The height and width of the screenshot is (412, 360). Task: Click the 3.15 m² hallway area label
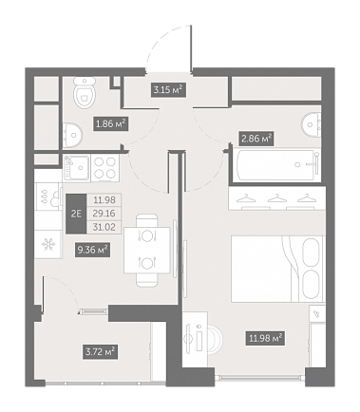click(168, 90)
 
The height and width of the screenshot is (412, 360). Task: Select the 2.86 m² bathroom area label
click(256, 139)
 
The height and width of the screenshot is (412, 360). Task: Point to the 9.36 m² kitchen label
click(92, 250)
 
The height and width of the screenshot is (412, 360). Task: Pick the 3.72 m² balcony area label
click(101, 351)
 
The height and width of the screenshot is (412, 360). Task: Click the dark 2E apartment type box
click(76, 214)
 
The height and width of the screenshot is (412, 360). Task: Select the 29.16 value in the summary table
click(104, 214)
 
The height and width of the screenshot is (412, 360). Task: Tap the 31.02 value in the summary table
click(104, 227)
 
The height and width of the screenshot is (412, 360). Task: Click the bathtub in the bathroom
click(275, 165)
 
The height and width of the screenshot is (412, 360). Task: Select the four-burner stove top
click(105, 168)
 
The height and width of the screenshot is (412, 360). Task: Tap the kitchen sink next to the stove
click(77, 168)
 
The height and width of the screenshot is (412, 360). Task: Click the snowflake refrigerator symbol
click(48, 244)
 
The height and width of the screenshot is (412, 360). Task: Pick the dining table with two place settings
click(147, 250)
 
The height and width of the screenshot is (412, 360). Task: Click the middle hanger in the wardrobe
click(276, 198)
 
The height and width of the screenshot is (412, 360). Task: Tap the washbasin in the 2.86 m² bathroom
click(312, 124)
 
